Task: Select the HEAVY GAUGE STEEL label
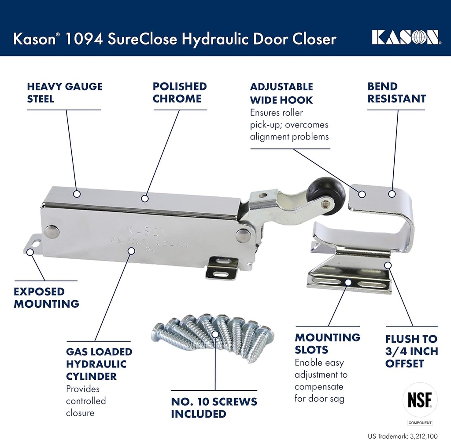(x=64, y=93)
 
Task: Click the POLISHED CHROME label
(x=180, y=93)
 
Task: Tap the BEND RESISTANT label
(x=396, y=93)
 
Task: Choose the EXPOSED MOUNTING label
(x=46, y=298)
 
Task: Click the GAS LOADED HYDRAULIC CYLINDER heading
(x=99, y=364)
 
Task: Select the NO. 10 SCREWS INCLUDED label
(x=214, y=407)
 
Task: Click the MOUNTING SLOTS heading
(x=327, y=344)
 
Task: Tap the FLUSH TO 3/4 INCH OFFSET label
(x=411, y=351)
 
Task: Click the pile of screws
(x=214, y=336)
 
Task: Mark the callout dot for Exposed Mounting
(x=30, y=252)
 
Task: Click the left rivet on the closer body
(x=52, y=231)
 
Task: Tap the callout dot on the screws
(x=214, y=334)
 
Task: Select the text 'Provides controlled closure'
(x=86, y=401)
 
